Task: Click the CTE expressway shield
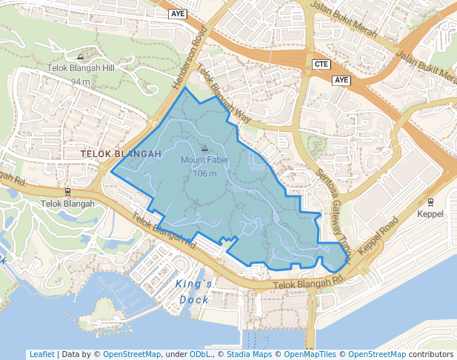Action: (x=321, y=64)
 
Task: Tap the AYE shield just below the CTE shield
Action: (x=341, y=80)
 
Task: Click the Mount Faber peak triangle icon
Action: (x=204, y=148)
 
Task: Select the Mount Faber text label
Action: (x=204, y=160)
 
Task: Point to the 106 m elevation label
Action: (x=204, y=174)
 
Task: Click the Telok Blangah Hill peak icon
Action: (x=80, y=56)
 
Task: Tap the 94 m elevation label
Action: (x=80, y=81)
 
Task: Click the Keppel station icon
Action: (x=430, y=201)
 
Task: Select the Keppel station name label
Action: (x=430, y=214)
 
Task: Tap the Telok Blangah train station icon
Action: (x=67, y=191)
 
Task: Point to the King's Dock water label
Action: (x=194, y=292)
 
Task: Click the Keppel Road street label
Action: (x=378, y=237)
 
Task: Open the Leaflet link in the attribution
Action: (x=41, y=354)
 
